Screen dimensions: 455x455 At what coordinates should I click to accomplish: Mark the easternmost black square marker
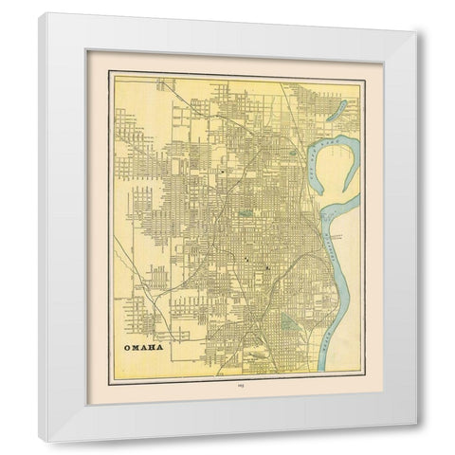pos(267,268)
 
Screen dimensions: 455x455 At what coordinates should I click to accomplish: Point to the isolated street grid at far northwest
pos(129,122)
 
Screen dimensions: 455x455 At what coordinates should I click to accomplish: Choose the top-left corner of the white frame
pos(40,14)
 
